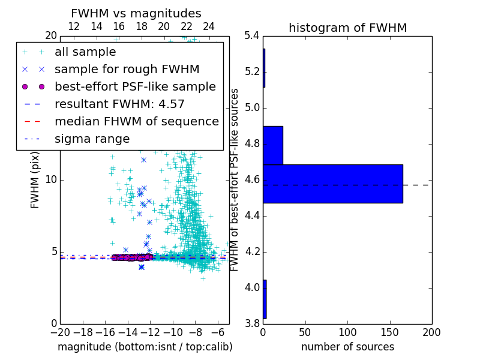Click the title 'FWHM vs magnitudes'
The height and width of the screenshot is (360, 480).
point(136,13)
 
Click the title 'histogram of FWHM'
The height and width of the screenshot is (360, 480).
point(347,28)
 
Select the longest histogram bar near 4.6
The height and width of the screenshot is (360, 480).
point(332,184)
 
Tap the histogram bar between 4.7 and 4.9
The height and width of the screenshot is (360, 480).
point(272,145)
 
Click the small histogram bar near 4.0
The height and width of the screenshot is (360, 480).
point(265,299)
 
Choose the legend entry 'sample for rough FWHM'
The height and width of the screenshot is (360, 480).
point(127,69)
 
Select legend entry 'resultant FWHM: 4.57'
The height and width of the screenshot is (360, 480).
point(119,104)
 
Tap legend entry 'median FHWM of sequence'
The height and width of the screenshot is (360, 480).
point(136,121)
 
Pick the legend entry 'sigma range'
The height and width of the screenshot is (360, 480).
point(92,139)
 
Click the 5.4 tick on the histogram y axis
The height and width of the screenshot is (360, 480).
point(252,36)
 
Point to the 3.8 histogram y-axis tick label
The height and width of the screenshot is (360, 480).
point(252,323)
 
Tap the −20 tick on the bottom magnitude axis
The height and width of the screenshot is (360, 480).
point(60,331)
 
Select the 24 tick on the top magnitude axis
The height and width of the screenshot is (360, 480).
point(209,26)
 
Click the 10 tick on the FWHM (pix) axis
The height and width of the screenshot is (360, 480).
point(52,180)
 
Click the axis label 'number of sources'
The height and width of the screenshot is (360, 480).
point(347,347)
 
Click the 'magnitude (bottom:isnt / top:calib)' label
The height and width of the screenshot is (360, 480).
point(145,347)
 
